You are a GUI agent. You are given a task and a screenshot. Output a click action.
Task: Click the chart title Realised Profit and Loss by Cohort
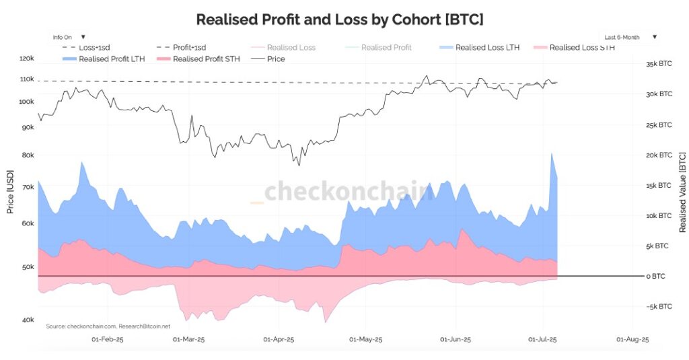[339, 20]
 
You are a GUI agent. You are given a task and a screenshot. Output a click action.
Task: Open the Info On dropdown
[69, 37]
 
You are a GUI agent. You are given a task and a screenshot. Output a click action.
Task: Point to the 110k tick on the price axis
[27, 79]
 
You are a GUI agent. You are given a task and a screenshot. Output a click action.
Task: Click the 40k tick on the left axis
[28, 320]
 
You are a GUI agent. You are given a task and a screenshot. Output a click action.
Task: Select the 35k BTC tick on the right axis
[659, 64]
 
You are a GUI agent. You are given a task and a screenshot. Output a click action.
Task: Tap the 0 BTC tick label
[656, 277]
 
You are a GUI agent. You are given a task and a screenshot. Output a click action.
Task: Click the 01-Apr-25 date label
[279, 340]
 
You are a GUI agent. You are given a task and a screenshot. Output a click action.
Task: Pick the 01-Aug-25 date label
[632, 340]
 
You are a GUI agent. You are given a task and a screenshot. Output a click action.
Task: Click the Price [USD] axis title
[10, 191]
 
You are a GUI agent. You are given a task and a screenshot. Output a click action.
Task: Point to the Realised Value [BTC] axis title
[682, 192]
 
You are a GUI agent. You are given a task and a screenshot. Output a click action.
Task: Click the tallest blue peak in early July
[552, 154]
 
